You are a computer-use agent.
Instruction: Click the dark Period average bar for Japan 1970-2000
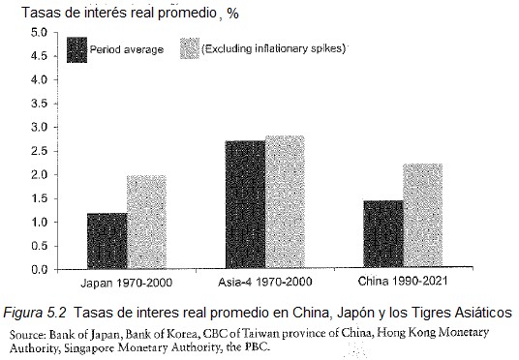[107, 241]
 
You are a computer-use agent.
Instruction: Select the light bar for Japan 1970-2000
[146, 223]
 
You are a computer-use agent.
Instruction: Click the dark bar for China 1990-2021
[383, 235]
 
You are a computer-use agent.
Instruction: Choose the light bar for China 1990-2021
[422, 217]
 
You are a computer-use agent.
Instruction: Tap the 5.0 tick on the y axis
[39, 33]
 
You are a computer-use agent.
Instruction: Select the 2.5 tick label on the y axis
[39, 151]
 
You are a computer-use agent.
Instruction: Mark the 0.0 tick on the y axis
[39, 270]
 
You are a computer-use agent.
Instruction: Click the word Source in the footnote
[30, 333]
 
